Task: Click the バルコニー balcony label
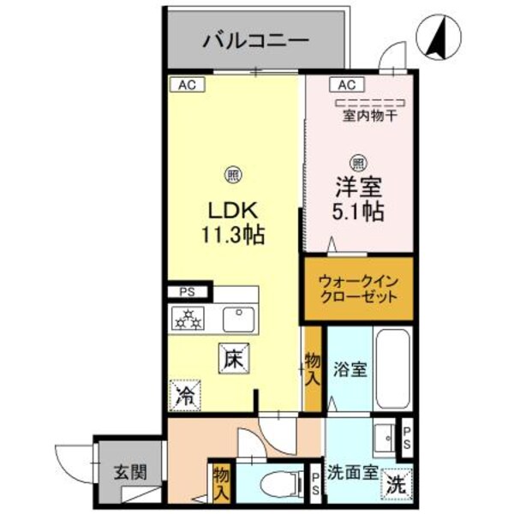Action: click(255, 40)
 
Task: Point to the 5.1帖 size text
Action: click(358, 208)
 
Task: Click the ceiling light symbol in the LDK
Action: click(232, 176)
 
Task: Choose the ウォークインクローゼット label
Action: click(358, 289)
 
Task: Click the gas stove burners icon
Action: click(188, 320)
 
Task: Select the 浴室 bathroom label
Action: click(350, 370)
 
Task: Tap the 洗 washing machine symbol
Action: click(396, 483)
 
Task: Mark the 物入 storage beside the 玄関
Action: click(221, 482)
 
